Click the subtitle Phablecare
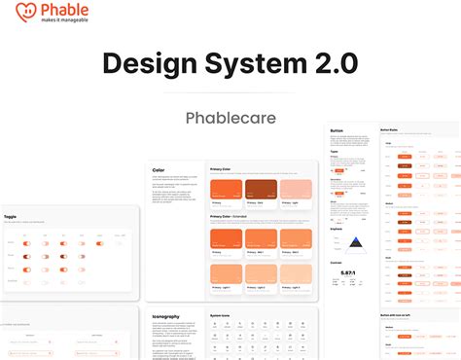(x=230, y=119)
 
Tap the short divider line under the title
(x=230, y=93)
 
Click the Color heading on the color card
(x=159, y=169)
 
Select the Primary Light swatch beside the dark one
(x=297, y=191)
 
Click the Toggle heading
(x=11, y=217)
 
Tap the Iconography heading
(x=167, y=315)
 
